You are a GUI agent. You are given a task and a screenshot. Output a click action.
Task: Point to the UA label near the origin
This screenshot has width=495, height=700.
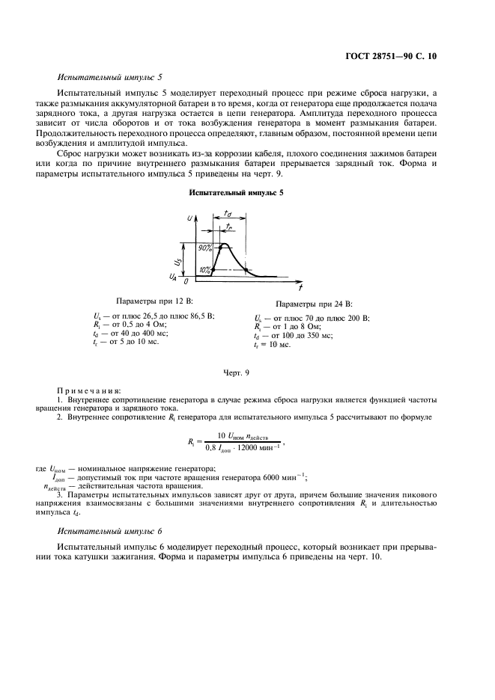tap(174, 278)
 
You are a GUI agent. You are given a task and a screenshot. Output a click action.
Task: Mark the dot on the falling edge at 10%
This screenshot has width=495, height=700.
tap(247, 269)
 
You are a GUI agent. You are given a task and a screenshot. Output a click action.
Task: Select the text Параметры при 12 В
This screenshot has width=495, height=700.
tap(152, 299)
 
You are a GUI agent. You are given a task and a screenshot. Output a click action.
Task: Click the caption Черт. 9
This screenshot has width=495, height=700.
tap(237, 372)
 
